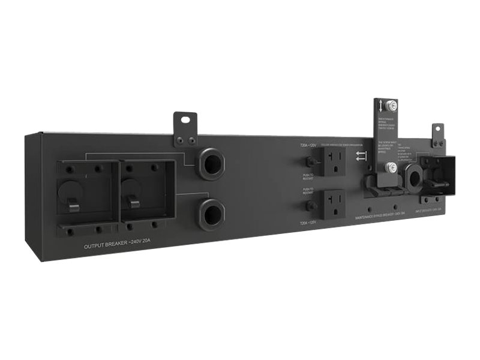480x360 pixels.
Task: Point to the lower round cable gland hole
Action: pyautogui.click(x=211, y=212)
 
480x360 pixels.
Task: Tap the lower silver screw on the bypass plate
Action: pyautogui.click(x=390, y=167)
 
